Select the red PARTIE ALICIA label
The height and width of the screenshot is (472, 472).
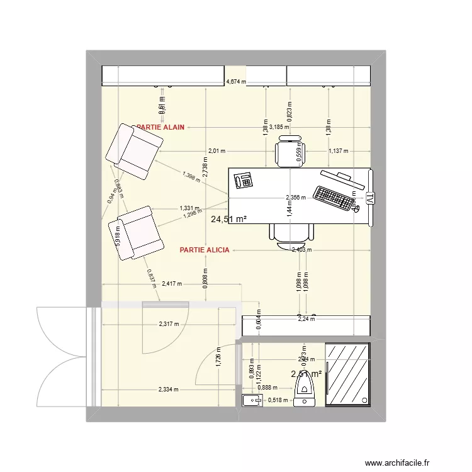tap(205, 250)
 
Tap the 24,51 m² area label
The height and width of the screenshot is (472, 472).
tap(228, 219)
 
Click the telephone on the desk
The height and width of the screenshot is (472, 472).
tap(244, 181)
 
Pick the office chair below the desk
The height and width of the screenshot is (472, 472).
tap(291, 234)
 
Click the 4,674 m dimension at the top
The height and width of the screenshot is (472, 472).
tap(236, 82)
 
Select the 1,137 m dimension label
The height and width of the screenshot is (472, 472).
tap(338, 151)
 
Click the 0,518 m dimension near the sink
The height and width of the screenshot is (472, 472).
tap(277, 400)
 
